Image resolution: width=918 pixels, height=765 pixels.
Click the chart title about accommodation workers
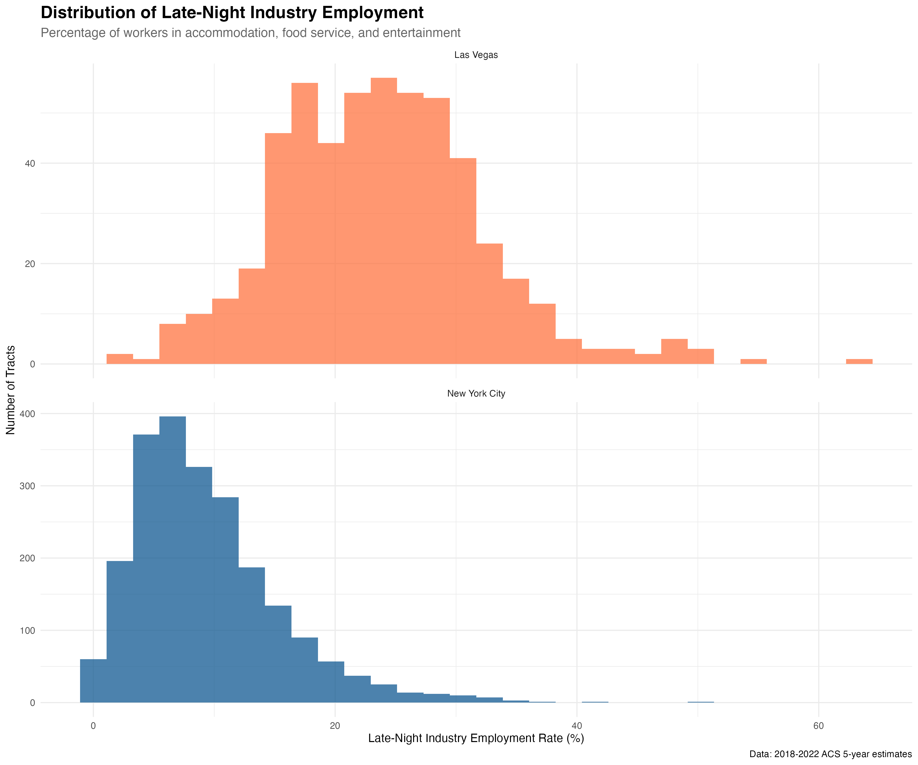click(250, 33)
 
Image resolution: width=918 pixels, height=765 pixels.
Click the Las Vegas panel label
click(476, 55)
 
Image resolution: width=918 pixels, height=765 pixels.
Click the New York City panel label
click(476, 393)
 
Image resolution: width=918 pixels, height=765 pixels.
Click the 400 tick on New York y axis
click(27, 414)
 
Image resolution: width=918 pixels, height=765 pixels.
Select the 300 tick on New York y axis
click(27, 486)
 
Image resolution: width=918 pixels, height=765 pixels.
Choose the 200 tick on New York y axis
click(27, 558)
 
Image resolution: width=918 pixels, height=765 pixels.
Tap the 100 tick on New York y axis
click(27, 630)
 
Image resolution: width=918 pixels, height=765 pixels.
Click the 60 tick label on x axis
click(818, 726)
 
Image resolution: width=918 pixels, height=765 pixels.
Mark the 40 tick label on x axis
click(577, 726)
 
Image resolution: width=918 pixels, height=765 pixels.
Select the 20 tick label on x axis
click(335, 726)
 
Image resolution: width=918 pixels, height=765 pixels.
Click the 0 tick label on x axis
click(93, 726)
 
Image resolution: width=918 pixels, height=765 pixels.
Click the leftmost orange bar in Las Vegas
click(120, 359)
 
